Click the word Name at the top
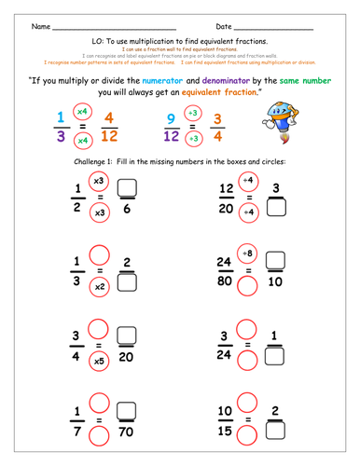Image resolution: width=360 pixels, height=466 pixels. tap(41, 26)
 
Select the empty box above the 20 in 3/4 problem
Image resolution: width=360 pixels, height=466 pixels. tap(130, 337)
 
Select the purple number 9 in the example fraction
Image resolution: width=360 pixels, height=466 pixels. tap(170, 118)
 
